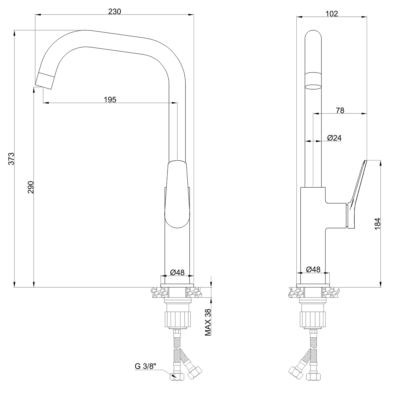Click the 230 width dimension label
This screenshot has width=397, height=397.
click(115, 12)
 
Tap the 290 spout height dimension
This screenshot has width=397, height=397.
click(31, 187)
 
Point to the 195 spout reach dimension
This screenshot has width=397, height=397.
click(110, 100)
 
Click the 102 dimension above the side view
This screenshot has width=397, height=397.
click(332, 14)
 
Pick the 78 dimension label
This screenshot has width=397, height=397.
click(340, 111)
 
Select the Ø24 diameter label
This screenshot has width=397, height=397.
click(334, 138)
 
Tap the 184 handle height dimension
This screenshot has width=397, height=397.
click(377, 224)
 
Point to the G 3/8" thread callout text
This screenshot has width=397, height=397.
click(145, 367)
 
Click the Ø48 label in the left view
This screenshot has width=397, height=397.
click(177, 273)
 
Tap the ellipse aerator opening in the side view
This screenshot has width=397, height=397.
click(313, 87)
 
